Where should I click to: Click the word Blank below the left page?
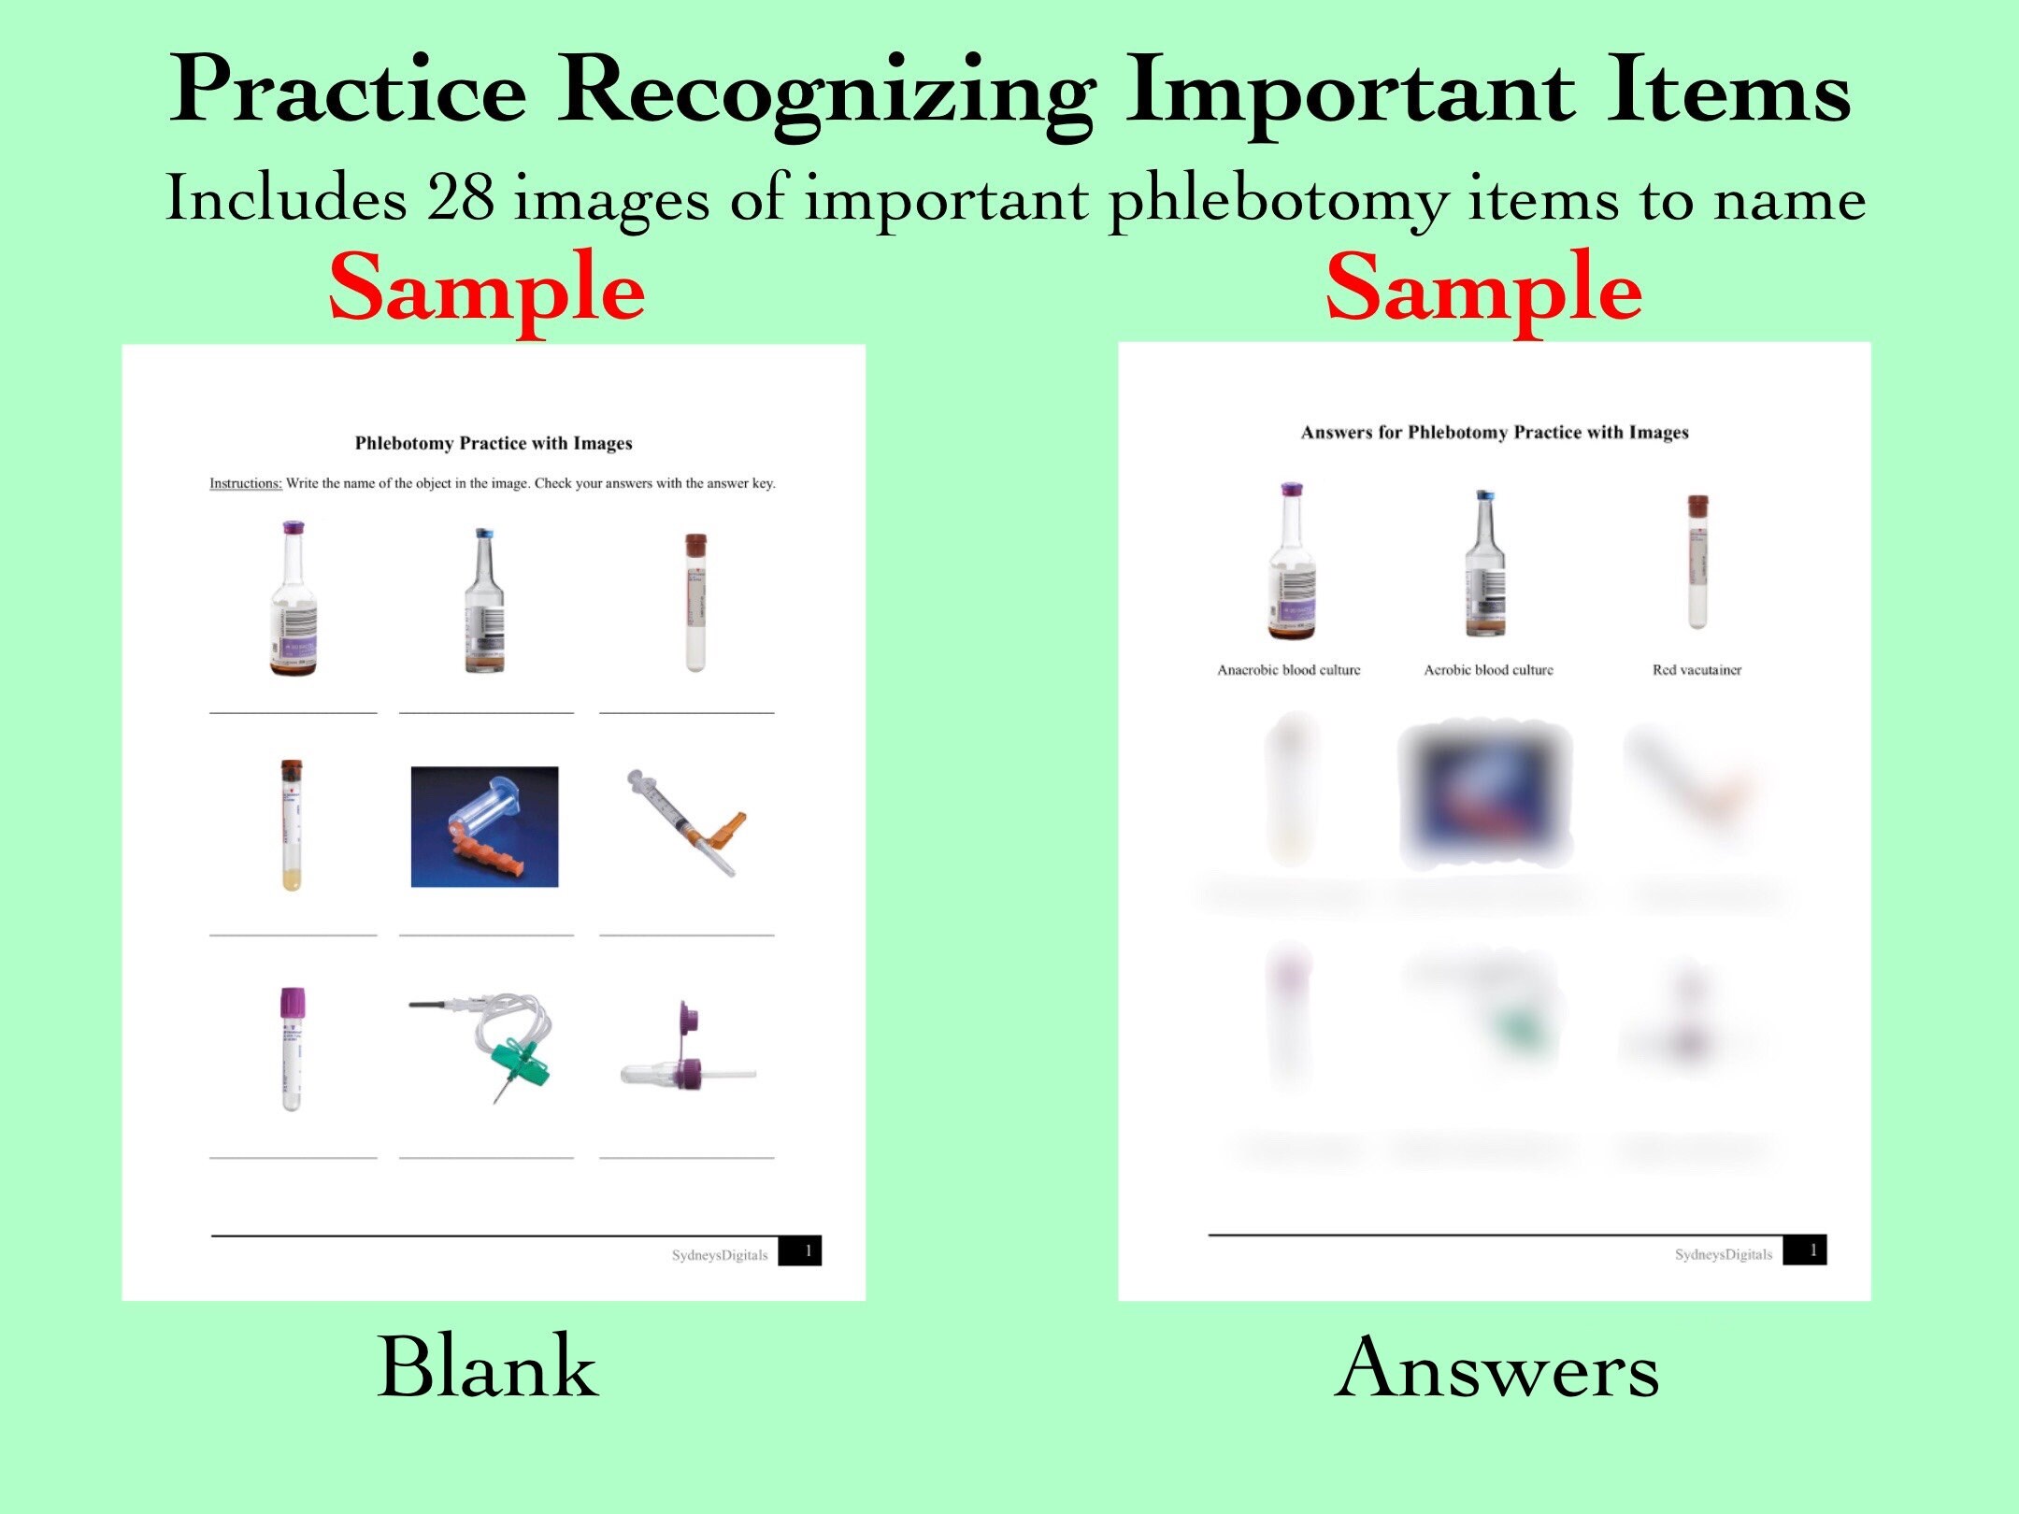487,1366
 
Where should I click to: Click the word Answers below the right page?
1496,1368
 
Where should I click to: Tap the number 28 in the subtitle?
460,198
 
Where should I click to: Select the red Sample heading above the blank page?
487,288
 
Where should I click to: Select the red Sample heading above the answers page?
1483,288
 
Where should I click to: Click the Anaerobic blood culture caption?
1288,669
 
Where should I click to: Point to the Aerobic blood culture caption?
1488,669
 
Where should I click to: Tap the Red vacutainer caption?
1697,669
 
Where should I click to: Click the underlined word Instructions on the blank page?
245,483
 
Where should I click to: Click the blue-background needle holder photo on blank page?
484,826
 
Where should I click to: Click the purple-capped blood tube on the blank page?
293,1048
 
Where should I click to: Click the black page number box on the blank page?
800,1251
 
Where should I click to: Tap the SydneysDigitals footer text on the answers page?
1723,1254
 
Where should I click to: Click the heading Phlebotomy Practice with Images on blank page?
494,443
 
